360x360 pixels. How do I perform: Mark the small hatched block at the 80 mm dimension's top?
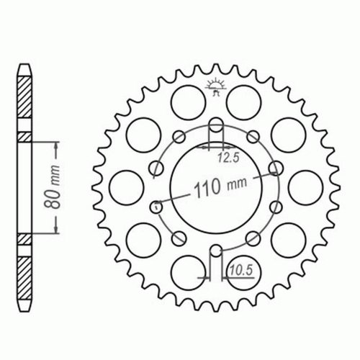click(x=25, y=136)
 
